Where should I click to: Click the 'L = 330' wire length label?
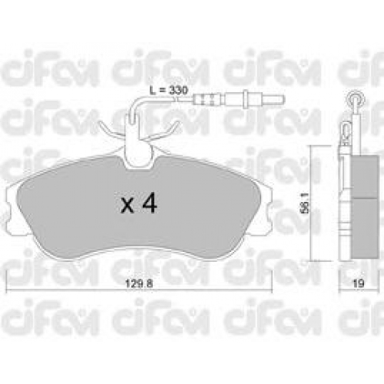point(169,90)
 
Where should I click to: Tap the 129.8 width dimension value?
point(139,283)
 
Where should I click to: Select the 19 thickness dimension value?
point(358,283)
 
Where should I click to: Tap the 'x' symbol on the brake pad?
point(127,206)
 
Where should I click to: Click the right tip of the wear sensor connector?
point(284,98)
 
